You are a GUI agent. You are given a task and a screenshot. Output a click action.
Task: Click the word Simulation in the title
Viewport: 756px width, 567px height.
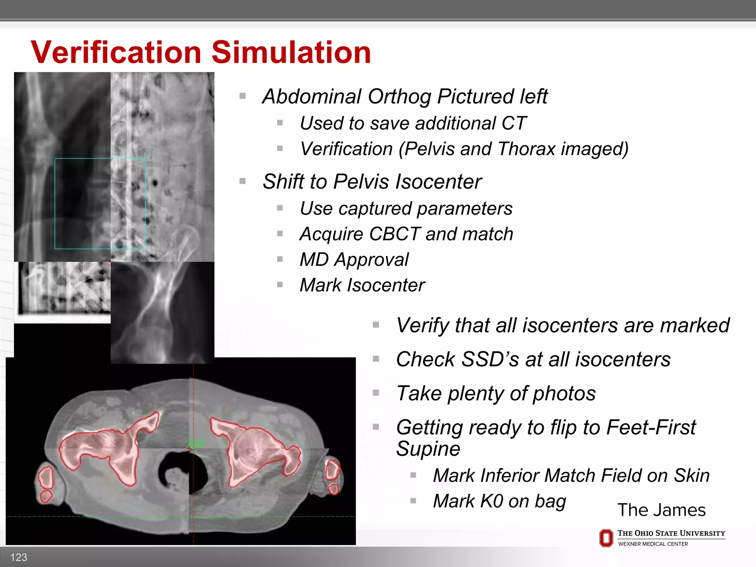(291, 52)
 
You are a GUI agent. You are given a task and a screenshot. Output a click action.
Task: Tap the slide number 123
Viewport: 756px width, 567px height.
(18, 557)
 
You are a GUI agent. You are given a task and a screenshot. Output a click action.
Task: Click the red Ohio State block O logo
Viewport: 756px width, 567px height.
(606, 538)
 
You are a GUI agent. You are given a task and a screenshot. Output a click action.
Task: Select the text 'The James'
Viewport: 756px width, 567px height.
(661, 510)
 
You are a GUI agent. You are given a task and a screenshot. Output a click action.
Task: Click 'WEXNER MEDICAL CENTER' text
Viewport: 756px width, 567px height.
(653, 544)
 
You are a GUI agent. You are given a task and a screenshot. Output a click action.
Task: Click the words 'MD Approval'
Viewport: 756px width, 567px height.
(354, 260)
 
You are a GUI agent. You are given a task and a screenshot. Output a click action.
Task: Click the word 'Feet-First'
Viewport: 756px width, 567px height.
(650, 427)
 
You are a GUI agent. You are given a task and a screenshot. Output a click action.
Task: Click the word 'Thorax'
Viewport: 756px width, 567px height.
(526, 149)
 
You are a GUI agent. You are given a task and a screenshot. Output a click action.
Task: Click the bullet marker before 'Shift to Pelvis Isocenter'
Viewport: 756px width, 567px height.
(243, 181)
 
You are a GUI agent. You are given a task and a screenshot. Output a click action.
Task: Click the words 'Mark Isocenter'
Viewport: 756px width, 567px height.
(362, 285)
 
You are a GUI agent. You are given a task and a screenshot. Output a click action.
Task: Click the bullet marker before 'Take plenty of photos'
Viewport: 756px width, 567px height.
(376, 393)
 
